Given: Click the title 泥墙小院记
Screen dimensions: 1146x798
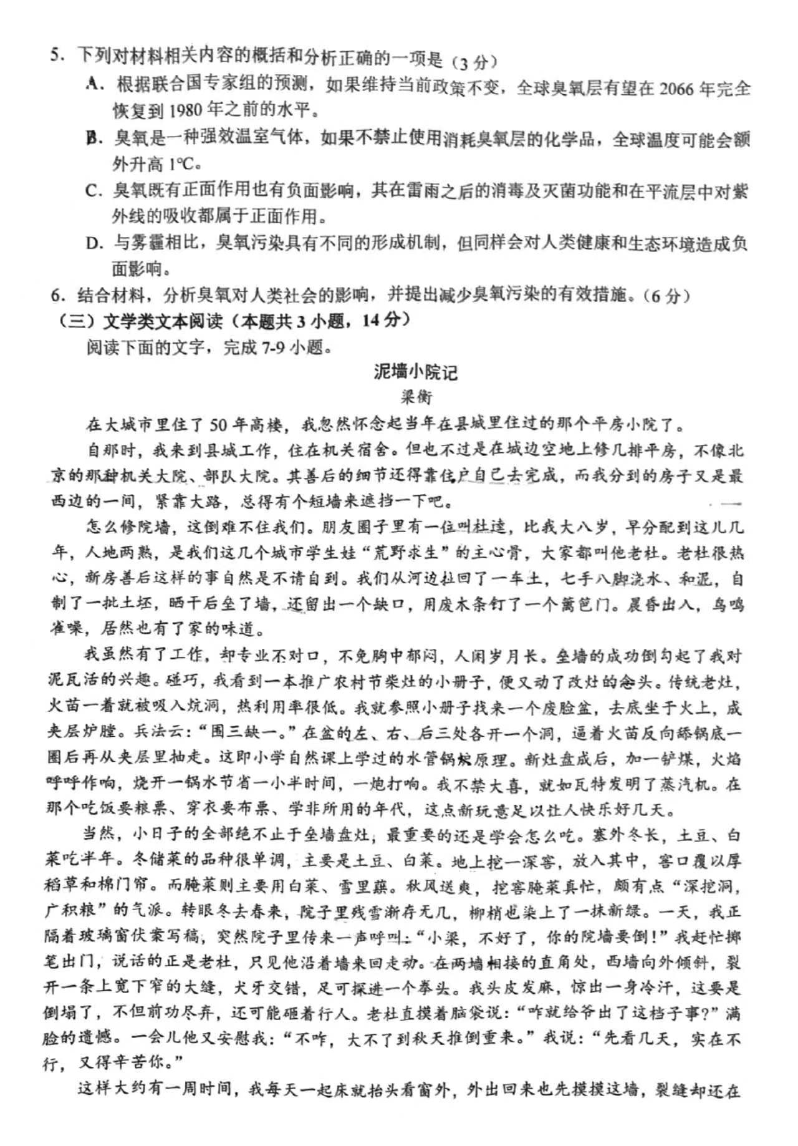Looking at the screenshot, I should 416,372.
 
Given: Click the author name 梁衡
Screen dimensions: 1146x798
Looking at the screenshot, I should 416,397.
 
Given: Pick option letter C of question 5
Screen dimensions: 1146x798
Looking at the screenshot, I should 93,190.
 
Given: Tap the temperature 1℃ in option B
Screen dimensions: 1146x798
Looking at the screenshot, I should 183,165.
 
